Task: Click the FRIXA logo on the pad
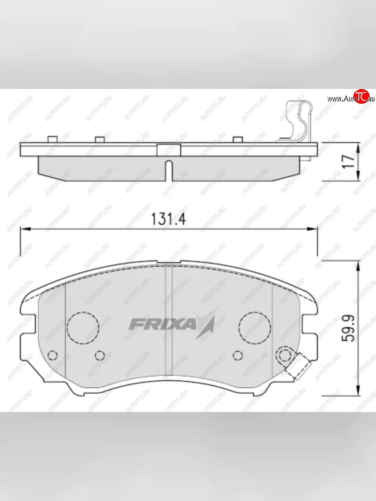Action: click(172, 323)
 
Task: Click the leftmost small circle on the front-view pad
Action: click(53, 355)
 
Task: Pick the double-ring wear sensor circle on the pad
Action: click(286, 355)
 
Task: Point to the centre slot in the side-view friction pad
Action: click(168, 170)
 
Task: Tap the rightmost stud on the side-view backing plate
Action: click(238, 139)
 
